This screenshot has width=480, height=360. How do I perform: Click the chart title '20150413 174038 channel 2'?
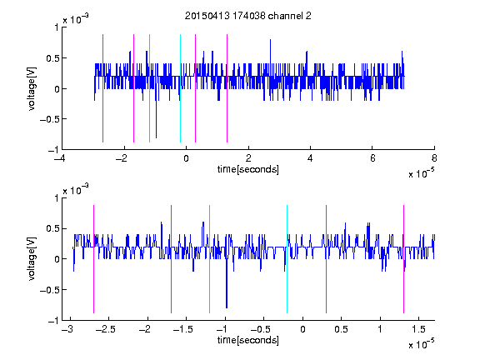pos(248,16)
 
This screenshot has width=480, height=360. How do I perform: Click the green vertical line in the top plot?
pos(149,88)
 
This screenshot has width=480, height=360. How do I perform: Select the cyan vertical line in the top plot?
pos(180,88)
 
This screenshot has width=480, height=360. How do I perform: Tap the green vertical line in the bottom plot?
pos(209,259)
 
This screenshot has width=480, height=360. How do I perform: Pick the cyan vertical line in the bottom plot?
pos(287,259)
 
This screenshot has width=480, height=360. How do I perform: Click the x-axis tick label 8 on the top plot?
pos(434,158)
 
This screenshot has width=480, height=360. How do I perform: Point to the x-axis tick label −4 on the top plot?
pos(60,158)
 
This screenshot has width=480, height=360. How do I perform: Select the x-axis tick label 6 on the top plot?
pos(372,158)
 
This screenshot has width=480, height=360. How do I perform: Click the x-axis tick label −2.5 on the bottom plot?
pos(105,329)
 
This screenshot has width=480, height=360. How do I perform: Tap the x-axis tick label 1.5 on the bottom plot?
pos(418,329)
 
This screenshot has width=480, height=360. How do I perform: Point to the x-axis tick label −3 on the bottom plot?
pos(67,329)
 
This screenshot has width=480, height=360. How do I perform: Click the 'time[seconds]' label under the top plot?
pos(248,169)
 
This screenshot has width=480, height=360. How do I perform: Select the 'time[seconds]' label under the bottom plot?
pos(248,340)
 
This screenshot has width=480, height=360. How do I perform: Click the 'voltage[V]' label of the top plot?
pos(32,88)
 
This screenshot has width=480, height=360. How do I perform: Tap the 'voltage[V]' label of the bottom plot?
pos(32,259)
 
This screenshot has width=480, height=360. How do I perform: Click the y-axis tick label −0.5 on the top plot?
pos(49,119)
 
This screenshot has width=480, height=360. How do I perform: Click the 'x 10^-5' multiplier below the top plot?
pos(421,173)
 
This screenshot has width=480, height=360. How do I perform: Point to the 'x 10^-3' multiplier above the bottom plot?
pos(76,189)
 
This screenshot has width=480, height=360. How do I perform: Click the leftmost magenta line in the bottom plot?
pos(93,259)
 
